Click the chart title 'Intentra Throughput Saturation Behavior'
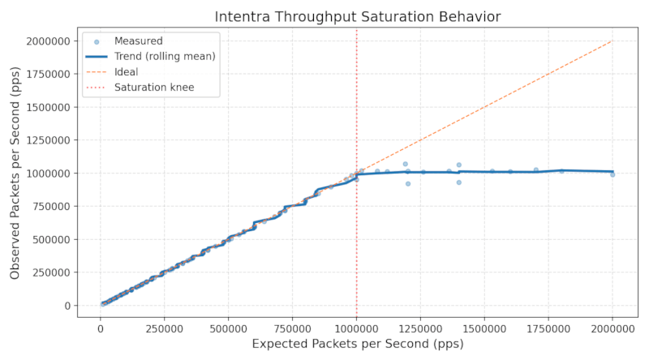pos(357,16)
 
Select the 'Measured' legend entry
pos(138,41)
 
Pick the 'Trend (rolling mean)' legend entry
pos(165,56)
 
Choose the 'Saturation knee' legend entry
pos(154,87)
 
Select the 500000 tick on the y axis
pos(47,239)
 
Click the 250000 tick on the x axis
pos(165,328)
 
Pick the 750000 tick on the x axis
pos(293,328)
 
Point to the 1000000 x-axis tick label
pos(357,328)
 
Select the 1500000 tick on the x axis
pos(484,328)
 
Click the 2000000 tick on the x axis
pos(612,328)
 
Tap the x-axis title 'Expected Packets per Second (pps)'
pos(357,345)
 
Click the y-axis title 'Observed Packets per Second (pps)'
pos(15,173)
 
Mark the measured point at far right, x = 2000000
pos(612,174)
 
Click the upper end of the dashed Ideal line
pos(612,41)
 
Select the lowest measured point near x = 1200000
pos(408,184)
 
